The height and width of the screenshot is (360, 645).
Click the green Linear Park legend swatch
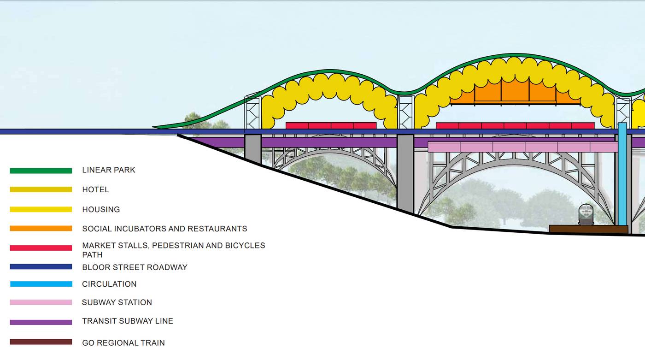41,171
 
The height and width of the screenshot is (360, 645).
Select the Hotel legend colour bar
41,189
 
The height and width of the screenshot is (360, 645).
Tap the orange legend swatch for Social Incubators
41,229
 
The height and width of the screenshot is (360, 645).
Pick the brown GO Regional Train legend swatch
41,342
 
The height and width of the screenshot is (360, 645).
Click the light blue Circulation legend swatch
41,284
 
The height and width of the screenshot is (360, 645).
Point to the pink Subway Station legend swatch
41,302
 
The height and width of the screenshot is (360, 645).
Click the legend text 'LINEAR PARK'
109,170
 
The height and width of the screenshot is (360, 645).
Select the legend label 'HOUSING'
101,209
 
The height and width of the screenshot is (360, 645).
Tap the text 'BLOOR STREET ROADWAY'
135,267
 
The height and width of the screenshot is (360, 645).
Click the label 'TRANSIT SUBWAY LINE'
128,321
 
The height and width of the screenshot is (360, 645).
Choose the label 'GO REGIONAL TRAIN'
123,343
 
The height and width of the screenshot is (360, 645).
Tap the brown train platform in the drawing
588,229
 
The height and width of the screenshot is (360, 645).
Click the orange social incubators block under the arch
515,93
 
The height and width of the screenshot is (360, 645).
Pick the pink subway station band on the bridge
522,147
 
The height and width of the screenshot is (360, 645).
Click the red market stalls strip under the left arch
331,125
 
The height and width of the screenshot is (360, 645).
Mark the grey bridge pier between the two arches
405,173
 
